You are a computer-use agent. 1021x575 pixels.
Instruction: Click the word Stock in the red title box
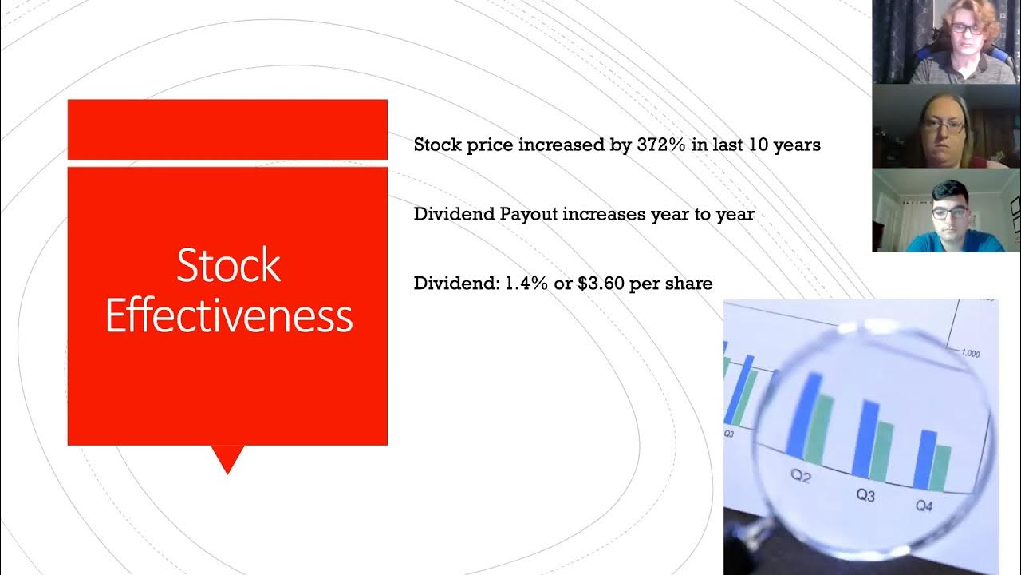coord(228,265)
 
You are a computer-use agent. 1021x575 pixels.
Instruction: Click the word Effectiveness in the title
coord(228,316)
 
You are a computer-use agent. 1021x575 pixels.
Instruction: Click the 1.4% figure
coord(526,284)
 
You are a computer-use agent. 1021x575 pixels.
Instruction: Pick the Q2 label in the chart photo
coord(800,477)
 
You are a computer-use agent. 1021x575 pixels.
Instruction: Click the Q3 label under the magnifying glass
coord(865,496)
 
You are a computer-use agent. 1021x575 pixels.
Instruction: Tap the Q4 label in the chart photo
coord(924,506)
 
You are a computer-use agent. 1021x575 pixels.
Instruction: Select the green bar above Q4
coord(942,467)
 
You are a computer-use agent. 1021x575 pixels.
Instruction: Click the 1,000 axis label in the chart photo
coord(970,353)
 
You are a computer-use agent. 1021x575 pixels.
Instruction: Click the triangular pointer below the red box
coord(227,458)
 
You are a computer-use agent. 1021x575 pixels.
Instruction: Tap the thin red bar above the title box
coord(227,129)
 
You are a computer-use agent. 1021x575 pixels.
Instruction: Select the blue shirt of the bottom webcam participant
coord(949,242)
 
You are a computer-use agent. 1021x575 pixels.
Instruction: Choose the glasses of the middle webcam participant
coord(943,125)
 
